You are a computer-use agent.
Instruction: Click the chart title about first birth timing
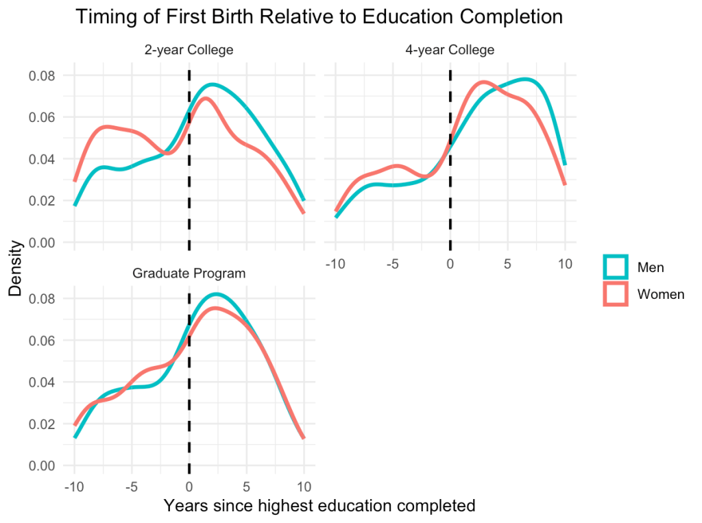(319, 17)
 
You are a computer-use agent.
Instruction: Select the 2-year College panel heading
(189, 50)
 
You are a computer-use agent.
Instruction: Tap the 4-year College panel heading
(450, 50)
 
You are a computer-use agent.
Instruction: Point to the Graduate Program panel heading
(189, 273)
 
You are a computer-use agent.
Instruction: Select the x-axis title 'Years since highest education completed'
(319, 506)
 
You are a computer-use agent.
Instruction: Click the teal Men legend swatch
(615, 267)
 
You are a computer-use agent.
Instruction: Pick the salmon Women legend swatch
(615, 294)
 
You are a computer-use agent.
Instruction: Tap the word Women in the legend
(661, 294)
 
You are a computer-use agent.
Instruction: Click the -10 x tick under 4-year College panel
(335, 264)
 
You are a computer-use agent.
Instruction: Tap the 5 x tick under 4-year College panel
(507, 264)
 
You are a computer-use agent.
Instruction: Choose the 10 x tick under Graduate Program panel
(304, 487)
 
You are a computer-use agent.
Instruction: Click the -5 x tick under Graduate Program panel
(131, 487)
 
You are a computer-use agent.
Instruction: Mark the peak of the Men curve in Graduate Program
(216, 294)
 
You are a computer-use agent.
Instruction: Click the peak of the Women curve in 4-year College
(483, 82)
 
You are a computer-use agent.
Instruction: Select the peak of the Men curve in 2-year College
(213, 84)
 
